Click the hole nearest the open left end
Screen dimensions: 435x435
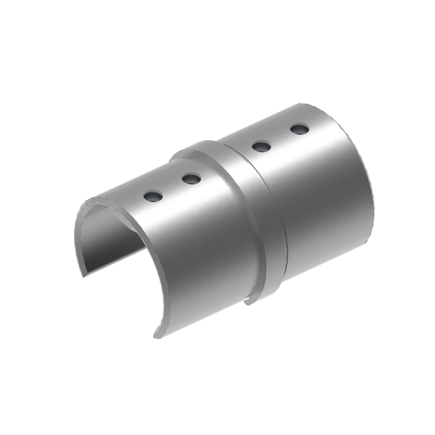(x=153, y=195)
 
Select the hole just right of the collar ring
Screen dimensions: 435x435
(x=261, y=146)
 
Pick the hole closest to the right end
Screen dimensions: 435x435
(x=300, y=129)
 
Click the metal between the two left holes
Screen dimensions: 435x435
(x=172, y=187)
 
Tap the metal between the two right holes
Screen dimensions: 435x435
(x=281, y=137)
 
